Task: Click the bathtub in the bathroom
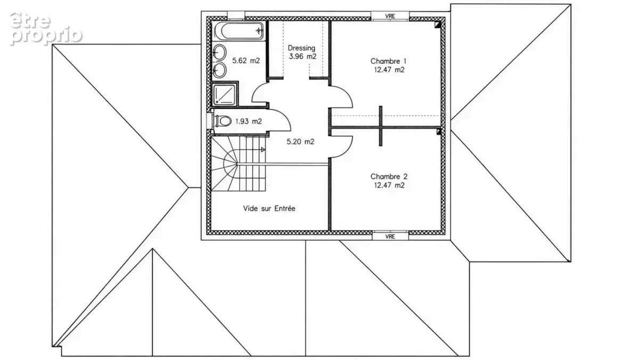coord(239,31)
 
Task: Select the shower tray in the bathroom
coord(225,94)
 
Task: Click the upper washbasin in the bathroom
coord(219,53)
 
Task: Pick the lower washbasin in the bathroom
coord(219,70)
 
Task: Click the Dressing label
coord(301,48)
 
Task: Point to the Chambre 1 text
coord(389,61)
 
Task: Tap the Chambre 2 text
coord(389,177)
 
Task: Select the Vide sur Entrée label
coord(269,209)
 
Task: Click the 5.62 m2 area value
coord(246,61)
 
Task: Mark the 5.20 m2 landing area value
coord(300,142)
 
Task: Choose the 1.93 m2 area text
coord(249,121)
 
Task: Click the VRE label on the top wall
coord(390,17)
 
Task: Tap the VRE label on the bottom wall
coord(390,236)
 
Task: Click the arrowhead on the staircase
coord(263,150)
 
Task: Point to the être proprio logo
coord(46,29)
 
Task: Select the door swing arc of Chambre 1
coord(349,92)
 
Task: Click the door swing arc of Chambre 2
coord(348,151)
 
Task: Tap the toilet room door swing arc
coord(286,117)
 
